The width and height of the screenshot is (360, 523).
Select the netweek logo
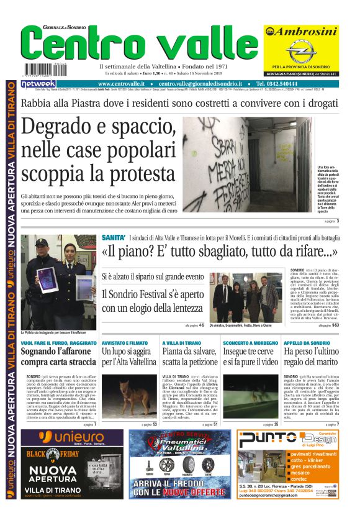(38, 83)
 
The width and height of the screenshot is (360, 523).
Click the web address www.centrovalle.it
(122, 83)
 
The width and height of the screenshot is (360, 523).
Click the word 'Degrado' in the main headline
(56, 129)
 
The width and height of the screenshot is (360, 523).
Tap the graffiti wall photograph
(248, 164)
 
